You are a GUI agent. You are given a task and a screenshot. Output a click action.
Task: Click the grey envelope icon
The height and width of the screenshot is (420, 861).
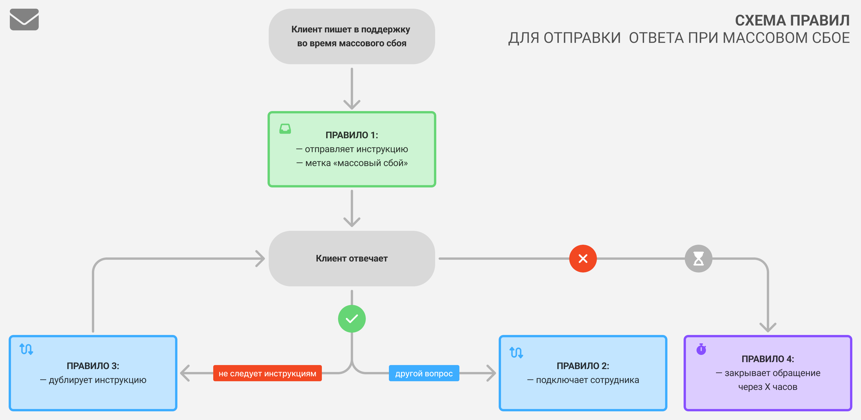(x=24, y=19)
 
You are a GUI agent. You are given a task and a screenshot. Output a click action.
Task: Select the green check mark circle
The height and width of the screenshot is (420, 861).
(x=352, y=318)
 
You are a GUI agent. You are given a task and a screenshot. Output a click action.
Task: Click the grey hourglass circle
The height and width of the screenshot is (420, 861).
(x=698, y=258)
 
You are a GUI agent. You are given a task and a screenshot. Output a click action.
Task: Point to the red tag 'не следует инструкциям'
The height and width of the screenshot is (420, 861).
(x=267, y=373)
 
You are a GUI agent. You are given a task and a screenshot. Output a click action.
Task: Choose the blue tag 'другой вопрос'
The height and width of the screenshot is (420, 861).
(x=424, y=373)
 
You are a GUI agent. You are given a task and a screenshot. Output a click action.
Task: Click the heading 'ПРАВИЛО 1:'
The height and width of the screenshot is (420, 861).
(x=352, y=135)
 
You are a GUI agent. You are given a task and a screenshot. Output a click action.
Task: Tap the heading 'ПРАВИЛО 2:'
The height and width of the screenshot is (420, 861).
(x=582, y=366)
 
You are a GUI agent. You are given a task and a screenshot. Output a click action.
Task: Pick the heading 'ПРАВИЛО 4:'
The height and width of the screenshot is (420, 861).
(x=767, y=359)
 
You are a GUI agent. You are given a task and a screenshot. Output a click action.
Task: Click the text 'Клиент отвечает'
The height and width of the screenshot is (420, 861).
(x=352, y=258)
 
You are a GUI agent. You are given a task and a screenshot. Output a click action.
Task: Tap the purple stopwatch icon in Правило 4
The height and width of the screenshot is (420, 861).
(x=701, y=349)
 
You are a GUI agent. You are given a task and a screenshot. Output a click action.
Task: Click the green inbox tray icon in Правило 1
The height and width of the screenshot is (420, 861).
(x=285, y=128)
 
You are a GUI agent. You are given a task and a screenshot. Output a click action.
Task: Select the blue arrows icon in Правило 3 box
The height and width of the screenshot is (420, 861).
(x=26, y=349)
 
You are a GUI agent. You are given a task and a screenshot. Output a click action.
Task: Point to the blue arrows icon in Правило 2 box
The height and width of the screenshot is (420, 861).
(x=516, y=352)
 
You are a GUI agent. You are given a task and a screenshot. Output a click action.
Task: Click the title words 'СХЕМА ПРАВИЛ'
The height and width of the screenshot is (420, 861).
(x=792, y=21)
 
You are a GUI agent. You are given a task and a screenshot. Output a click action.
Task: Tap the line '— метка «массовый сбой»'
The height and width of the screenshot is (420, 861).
(x=352, y=163)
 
